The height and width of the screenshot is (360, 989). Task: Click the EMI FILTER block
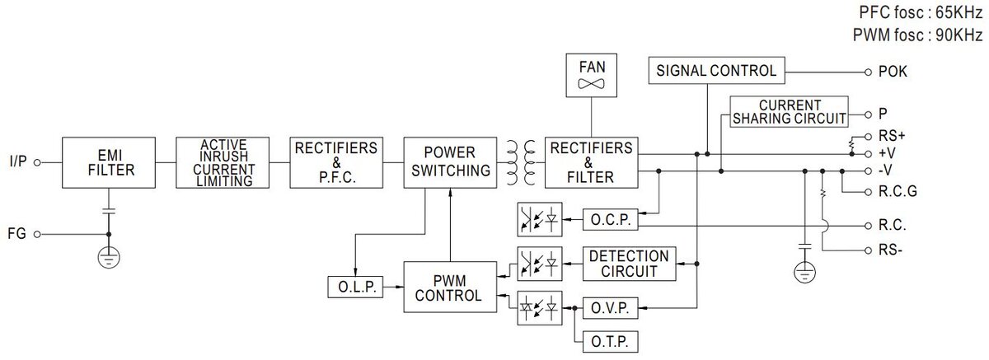[107, 163]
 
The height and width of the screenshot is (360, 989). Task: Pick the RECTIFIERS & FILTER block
[591, 163]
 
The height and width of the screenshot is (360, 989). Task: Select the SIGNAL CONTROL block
[715, 71]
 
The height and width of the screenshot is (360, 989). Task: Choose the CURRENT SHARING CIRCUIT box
[790, 112]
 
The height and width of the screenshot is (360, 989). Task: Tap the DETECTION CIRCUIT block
[629, 263]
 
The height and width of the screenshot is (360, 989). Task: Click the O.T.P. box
[609, 340]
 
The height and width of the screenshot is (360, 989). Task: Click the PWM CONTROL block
[450, 287]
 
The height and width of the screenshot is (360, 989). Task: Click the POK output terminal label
[894, 72]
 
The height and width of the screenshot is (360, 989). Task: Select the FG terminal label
[16, 234]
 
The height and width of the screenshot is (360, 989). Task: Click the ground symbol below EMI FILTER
[107, 257]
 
